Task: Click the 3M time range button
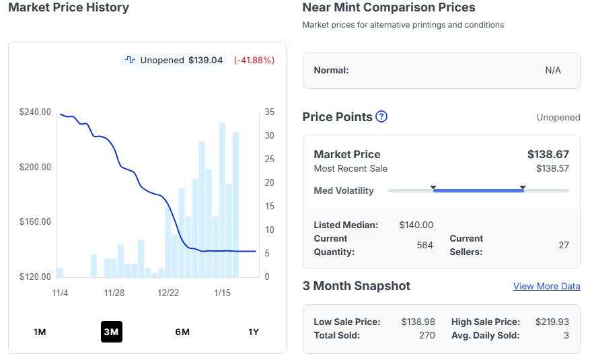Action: [x=111, y=332]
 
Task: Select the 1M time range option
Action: [x=40, y=332]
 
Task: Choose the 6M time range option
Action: [x=182, y=332]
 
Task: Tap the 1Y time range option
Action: [x=254, y=332]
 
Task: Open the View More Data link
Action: [x=546, y=286]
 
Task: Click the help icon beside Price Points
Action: [x=381, y=116]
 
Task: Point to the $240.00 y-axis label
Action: [x=35, y=112]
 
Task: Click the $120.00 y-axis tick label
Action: [x=35, y=277]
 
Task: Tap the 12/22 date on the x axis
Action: [x=168, y=293]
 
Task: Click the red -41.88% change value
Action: [x=254, y=60]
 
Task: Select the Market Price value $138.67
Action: [x=548, y=154]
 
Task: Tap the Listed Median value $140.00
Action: [x=416, y=225]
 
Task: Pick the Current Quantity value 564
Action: [x=424, y=245]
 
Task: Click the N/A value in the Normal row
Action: [x=552, y=70]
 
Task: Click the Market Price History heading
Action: [x=69, y=7]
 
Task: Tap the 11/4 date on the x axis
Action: [x=60, y=293]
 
